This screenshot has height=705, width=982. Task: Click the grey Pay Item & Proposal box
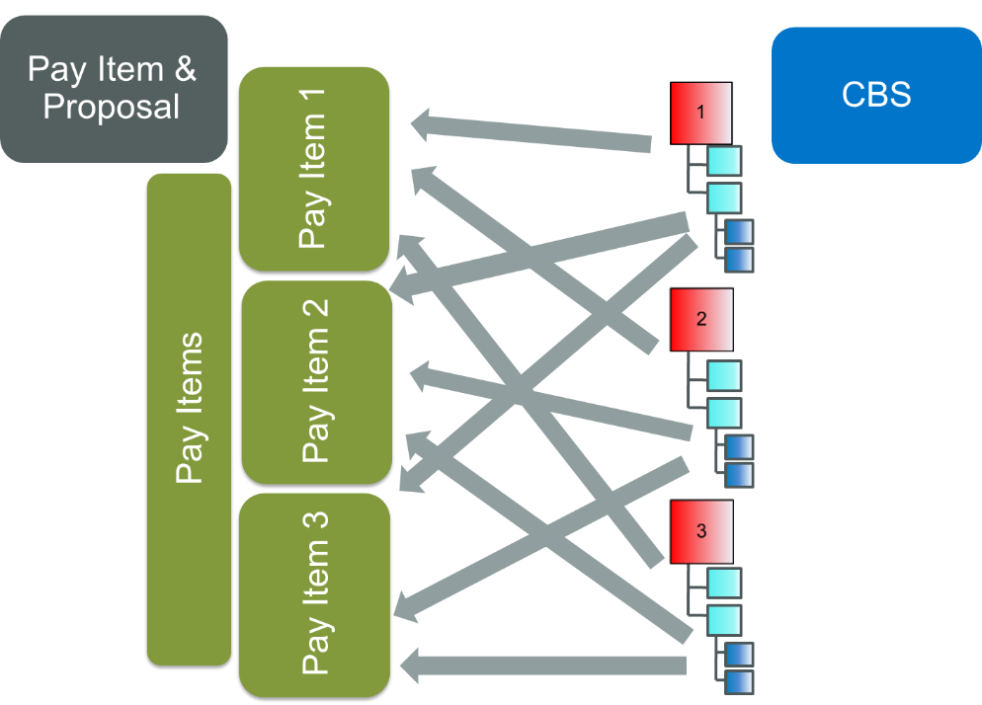[x=114, y=88]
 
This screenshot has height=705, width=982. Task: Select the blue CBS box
[x=875, y=95]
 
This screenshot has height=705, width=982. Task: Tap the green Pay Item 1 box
[x=314, y=169]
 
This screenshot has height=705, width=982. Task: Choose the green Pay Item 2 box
[x=316, y=381]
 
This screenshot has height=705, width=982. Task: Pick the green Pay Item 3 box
[x=315, y=594]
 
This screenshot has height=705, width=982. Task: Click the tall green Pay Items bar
[x=189, y=419]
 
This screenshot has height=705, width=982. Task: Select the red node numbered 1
[x=700, y=113]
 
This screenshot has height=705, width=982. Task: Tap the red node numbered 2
[x=701, y=320]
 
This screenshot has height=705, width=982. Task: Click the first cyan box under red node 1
[x=724, y=161]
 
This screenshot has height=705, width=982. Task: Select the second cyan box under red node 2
[x=724, y=412]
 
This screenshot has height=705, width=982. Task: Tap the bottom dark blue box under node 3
[x=739, y=682]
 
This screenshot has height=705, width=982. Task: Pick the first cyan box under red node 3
[x=724, y=584]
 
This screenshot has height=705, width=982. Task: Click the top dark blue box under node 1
[x=739, y=232]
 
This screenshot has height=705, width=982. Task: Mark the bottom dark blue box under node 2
[x=739, y=475]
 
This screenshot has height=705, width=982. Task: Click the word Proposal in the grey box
[x=112, y=107]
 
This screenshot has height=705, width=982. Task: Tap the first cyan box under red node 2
[x=724, y=376]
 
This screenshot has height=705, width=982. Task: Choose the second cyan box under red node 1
[x=724, y=197]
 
